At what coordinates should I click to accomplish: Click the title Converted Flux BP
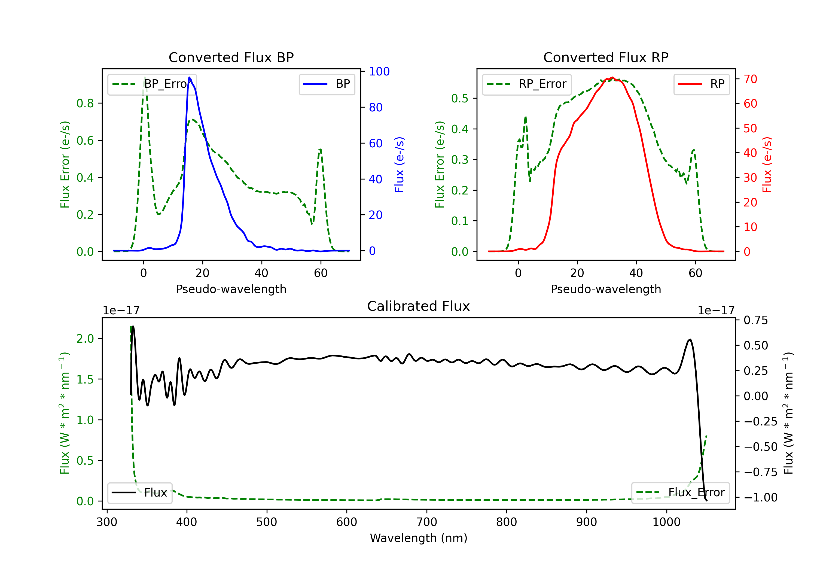(x=231, y=57)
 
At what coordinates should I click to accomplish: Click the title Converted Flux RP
(x=606, y=57)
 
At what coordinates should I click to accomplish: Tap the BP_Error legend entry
(x=152, y=84)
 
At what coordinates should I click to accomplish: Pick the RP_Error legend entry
(x=527, y=84)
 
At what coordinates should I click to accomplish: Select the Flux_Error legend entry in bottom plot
(x=680, y=493)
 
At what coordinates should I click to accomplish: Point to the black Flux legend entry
(x=140, y=493)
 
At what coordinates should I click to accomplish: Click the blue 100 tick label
(x=379, y=72)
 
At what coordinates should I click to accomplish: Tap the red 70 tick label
(x=751, y=79)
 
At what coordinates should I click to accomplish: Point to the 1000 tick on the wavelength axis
(x=666, y=522)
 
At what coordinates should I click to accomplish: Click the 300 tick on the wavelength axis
(x=107, y=522)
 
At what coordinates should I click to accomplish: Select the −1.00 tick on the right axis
(x=760, y=497)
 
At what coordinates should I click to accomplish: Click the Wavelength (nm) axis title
(x=419, y=538)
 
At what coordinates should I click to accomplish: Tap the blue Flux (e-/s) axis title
(x=399, y=165)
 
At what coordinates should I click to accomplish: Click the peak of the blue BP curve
(x=189, y=78)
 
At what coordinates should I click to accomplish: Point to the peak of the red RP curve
(x=612, y=77)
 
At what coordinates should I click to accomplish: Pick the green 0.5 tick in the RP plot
(x=460, y=98)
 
